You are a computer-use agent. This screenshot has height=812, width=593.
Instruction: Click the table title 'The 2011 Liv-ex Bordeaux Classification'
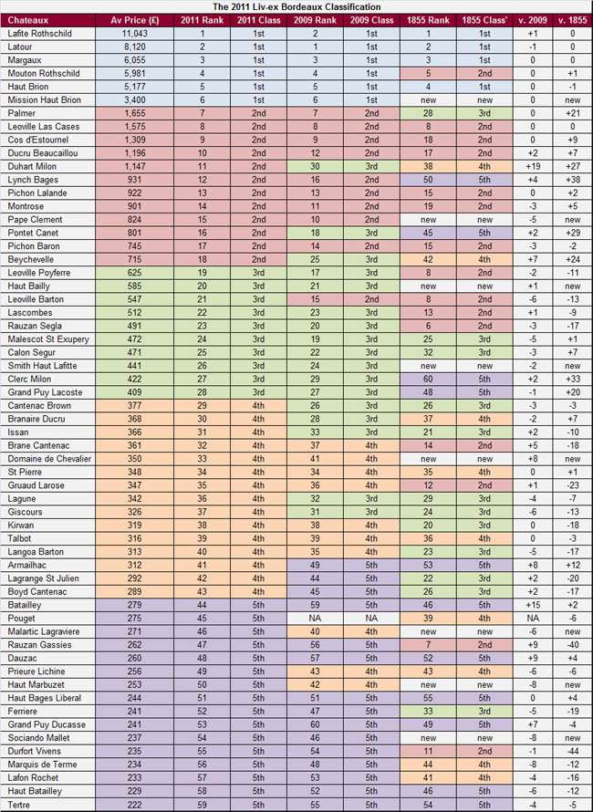point(296,6)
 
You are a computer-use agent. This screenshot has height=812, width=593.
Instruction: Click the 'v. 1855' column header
point(572,20)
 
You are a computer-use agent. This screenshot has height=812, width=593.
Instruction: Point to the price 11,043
point(134,33)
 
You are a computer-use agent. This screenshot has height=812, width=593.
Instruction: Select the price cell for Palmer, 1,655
point(134,113)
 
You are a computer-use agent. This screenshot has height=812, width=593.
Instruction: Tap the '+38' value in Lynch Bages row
point(572,181)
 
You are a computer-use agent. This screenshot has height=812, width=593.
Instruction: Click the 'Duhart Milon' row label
point(33,167)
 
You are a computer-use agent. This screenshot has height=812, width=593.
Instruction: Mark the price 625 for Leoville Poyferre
point(134,274)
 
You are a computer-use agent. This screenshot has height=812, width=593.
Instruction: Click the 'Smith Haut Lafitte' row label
point(42,367)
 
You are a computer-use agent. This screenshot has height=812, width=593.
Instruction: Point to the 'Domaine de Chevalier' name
point(49,459)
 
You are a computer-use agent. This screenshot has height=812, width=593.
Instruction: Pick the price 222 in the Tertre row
point(134,804)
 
